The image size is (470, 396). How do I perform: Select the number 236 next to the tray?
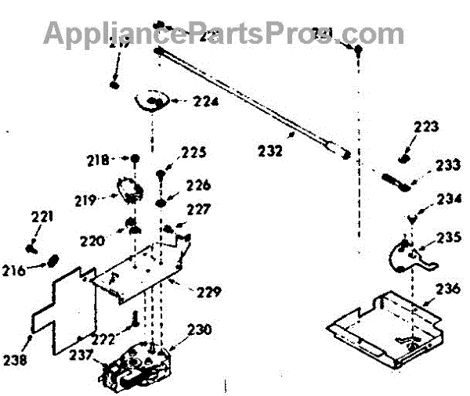438,287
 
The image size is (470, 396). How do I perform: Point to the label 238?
14,360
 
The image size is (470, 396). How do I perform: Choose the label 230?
199,329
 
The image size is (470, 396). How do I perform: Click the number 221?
42,216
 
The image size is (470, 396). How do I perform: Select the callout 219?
86,200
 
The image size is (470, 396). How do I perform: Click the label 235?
449,235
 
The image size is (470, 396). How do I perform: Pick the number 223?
426,126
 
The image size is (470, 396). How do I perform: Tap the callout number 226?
199,185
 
